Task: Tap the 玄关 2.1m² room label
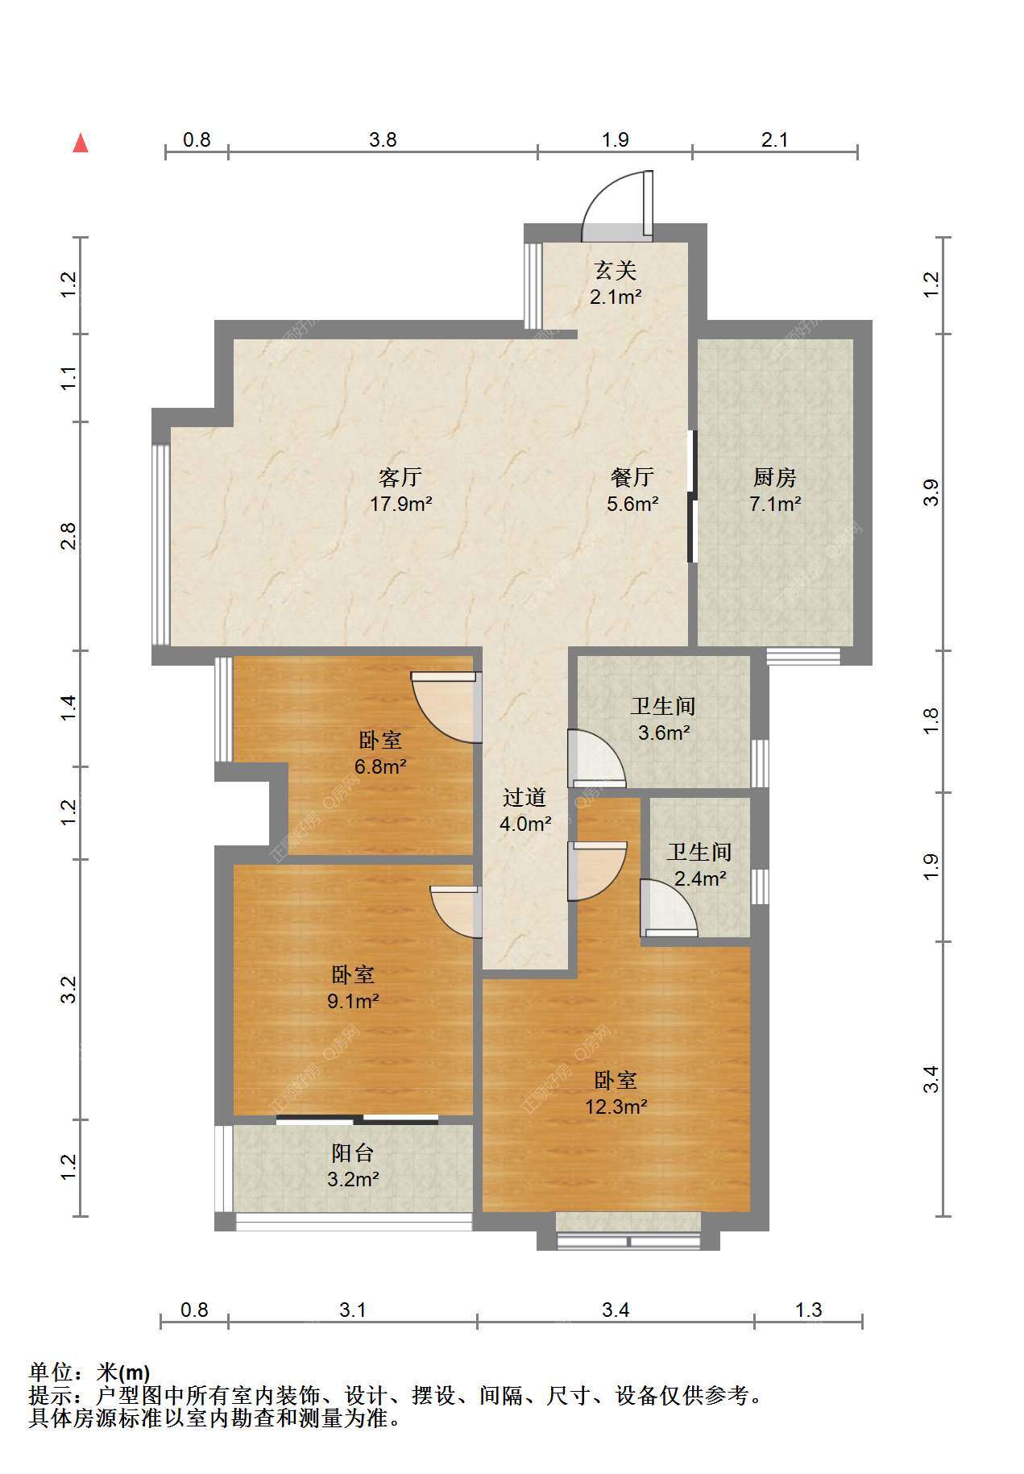(616, 283)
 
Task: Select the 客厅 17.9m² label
(401, 491)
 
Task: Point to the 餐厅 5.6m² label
(632, 491)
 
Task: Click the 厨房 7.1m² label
(775, 491)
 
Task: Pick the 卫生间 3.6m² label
(663, 720)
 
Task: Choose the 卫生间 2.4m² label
(699, 865)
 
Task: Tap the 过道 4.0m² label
(525, 811)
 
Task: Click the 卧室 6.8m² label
(379, 753)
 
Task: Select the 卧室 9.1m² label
(354, 988)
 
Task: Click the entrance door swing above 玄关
(618, 206)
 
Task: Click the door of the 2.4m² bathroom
(670, 908)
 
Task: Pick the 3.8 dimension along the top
(383, 140)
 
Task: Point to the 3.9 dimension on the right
(931, 492)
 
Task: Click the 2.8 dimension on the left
(70, 536)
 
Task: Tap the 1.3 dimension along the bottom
(809, 1310)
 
